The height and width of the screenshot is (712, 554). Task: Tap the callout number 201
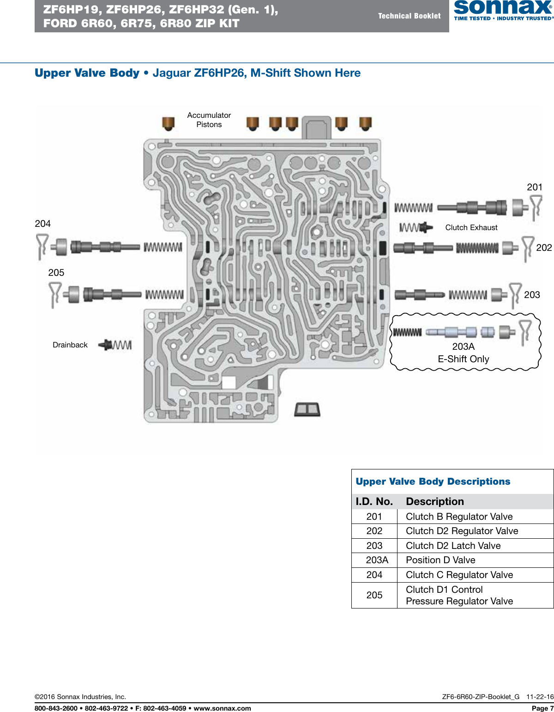(534, 187)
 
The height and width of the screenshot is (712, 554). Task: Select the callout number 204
(42, 224)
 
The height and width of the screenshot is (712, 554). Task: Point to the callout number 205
(56, 273)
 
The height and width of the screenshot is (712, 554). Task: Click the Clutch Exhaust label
(471, 227)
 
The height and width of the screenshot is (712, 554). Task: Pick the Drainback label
(70, 345)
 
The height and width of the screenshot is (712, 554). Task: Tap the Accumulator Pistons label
(209, 120)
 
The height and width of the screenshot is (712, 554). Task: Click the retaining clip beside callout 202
(527, 248)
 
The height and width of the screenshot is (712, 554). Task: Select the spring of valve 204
(163, 247)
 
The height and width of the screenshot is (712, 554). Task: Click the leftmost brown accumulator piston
(168, 123)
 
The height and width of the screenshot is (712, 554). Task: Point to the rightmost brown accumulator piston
(365, 123)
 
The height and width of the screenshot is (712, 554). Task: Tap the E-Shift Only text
(463, 359)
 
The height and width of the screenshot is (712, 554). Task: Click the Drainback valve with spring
(115, 345)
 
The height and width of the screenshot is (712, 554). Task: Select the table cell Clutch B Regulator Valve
(459, 517)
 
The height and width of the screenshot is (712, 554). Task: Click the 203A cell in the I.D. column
(377, 560)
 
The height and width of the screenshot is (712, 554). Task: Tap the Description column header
(434, 501)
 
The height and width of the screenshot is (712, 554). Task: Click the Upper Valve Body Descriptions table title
(433, 481)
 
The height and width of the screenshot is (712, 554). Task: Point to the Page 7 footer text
(542, 708)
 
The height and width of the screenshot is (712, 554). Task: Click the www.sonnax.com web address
(222, 708)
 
